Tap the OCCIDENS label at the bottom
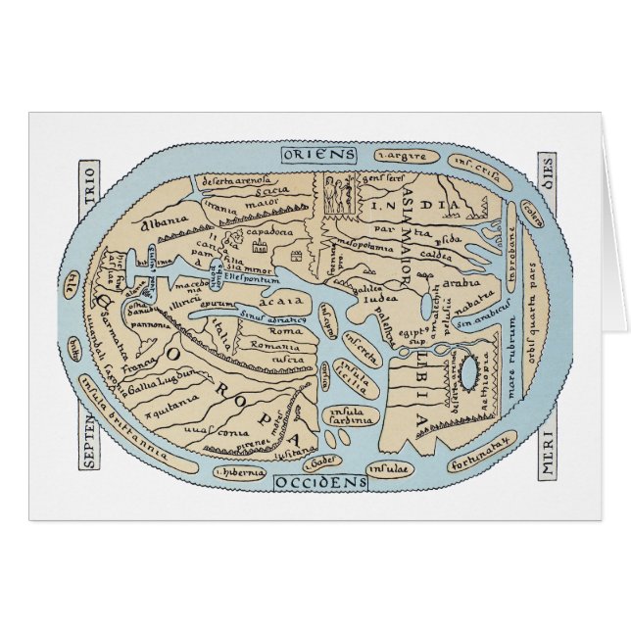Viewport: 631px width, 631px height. (x=319, y=482)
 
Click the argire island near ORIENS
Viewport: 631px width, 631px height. (x=402, y=157)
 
